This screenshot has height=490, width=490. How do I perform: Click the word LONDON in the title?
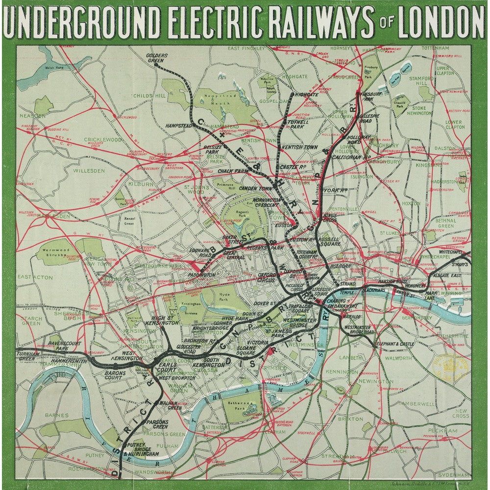pyautogui.click(x=441, y=22)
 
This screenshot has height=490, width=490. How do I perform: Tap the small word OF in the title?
pyautogui.click(x=387, y=24)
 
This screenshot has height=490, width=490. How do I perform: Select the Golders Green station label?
pyautogui.click(x=157, y=58)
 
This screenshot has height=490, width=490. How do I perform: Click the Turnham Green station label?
pyautogui.click(x=27, y=356)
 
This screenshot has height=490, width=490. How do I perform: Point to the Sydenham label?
pyautogui.click(x=456, y=475)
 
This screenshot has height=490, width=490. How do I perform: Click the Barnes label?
pyautogui.click(x=57, y=415)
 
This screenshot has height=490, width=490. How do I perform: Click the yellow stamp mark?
pyautogui.click(x=449, y=366)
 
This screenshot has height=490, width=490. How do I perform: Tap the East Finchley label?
pyautogui.click(x=246, y=49)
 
